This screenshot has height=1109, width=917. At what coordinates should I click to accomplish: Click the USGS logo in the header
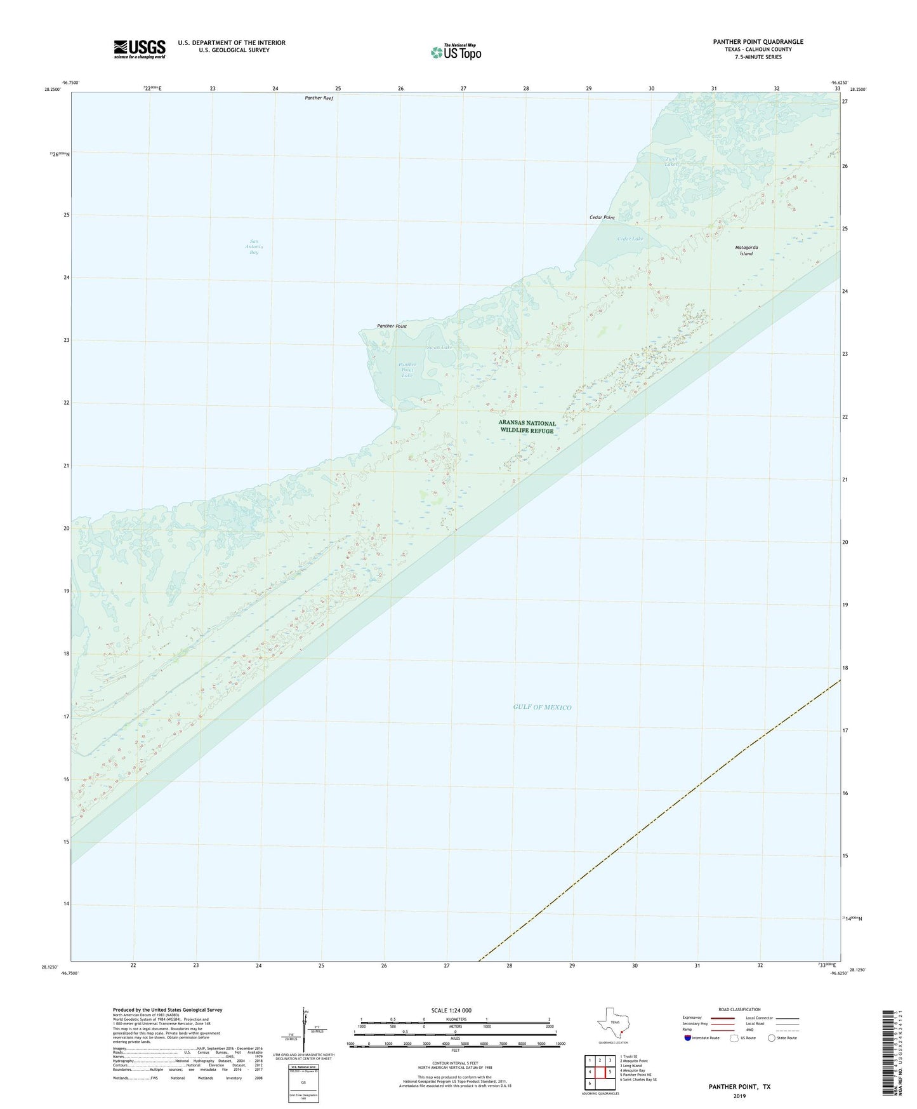pyautogui.click(x=140, y=49)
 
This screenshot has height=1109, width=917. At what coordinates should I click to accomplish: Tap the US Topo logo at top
pyautogui.click(x=455, y=51)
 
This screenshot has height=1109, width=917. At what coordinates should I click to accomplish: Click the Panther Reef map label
pyautogui.click(x=319, y=98)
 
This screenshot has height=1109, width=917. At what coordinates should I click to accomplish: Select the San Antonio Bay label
pyautogui.click(x=254, y=246)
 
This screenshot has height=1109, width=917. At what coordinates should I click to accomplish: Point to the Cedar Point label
pyautogui.click(x=602, y=218)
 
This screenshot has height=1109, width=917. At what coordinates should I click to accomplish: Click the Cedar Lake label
pyautogui.click(x=630, y=239)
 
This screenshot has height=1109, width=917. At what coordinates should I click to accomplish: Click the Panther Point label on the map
pyautogui.click(x=392, y=326)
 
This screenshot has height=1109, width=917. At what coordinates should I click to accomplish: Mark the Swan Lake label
pyautogui.click(x=440, y=347)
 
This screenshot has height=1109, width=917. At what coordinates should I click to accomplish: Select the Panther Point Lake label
pyautogui.click(x=407, y=370)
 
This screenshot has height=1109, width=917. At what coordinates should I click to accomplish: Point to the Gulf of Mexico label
pyautogui.click(x=542, y=707)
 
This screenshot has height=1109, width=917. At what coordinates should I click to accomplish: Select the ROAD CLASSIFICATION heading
pyautogui.click(x=739, y=1009)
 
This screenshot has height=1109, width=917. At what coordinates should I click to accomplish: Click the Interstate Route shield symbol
pyautogui.click(x=688, y=1038)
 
